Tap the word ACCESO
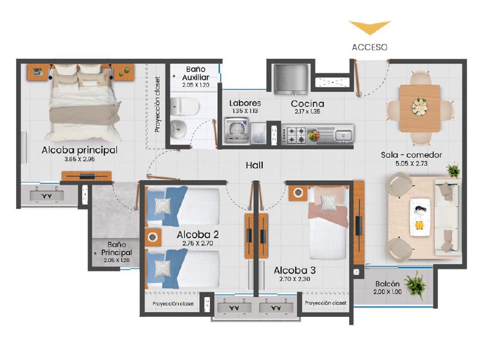tap(370, 47)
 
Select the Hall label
tap(254, 166)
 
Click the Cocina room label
tap(307, 104)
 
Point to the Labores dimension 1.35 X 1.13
tap(245, 111)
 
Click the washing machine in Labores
tap(236, 131)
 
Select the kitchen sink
tap(344, 135)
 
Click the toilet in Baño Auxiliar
tap(184, 106)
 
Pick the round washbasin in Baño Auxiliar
tap(178, 129)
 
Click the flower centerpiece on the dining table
tap(419, 107)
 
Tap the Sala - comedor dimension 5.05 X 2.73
tap(411, 163)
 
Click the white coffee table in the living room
tap(419, 217)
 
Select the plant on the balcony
tap(415, 284)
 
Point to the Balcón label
tap(387, 284)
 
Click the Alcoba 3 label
tap(295, 271)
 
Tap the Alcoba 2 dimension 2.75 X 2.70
tap(197, 244)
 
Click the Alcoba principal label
tap(80, 151)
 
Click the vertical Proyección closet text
tap(157, 104)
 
